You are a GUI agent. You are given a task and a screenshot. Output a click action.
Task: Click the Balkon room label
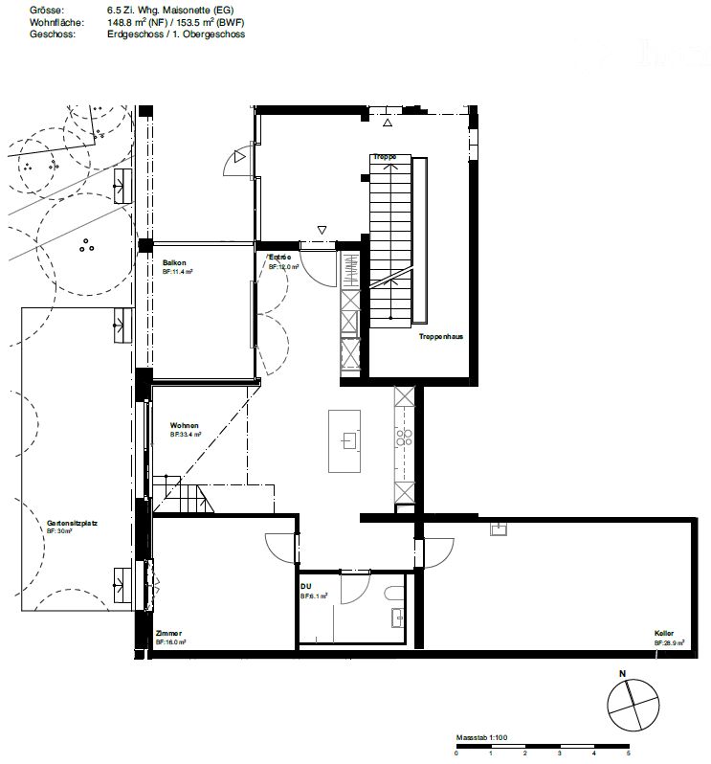pos(173,262)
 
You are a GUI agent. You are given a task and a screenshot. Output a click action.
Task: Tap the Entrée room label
pos(279,258)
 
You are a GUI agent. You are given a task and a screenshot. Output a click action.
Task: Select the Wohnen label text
pos(184,425)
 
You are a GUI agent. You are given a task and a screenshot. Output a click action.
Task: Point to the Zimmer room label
pos(168,634)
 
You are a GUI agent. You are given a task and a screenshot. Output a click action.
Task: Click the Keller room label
pos(664,634)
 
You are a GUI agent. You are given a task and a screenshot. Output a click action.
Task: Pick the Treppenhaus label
pos(440,337)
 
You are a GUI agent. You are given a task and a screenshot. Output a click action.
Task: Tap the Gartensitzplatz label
pos(73,524)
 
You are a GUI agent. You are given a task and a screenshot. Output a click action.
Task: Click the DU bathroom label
pos(305,586)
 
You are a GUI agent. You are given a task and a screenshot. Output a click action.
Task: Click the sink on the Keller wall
pos(498,528)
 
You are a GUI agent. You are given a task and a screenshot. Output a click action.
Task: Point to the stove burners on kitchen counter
pos(404,438)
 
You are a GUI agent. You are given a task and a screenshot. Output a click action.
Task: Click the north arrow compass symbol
pos(633,706)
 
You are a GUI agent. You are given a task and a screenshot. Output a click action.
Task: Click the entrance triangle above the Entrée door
pos(322,230)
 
